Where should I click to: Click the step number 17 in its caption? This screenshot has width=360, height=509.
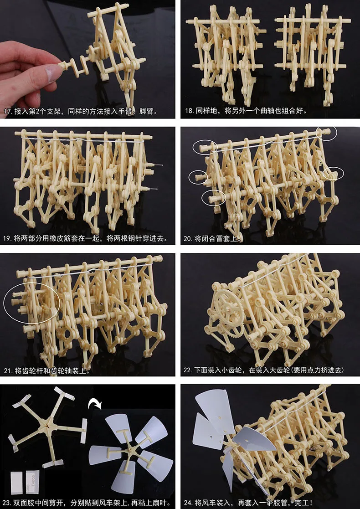8,112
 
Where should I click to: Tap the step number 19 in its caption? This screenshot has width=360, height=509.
8,239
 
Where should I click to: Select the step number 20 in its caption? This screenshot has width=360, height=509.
188,239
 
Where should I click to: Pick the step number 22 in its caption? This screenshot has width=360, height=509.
188,370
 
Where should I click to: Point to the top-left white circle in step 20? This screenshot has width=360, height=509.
205,147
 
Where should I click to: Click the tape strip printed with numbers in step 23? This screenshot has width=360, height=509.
32,481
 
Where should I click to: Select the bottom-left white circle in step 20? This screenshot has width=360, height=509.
213,197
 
